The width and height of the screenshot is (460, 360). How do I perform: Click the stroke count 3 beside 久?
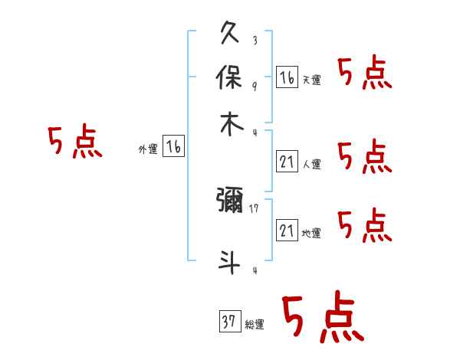(255, 41)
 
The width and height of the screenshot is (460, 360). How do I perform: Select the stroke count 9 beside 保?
(255, 85)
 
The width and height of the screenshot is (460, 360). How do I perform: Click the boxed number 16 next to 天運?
(287, 77)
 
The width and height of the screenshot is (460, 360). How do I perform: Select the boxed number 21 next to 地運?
(287, 230)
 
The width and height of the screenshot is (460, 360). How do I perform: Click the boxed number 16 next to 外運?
(174, 147)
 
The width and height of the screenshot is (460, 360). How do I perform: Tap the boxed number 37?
(228, 322)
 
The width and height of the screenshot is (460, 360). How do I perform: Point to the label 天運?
(312, 80)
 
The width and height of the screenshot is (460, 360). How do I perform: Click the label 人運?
(312, 163)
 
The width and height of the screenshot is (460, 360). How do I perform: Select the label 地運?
(312, 233)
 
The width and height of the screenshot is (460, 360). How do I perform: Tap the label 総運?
(255, 325)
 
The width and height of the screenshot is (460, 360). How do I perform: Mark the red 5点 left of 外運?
(74, 143)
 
